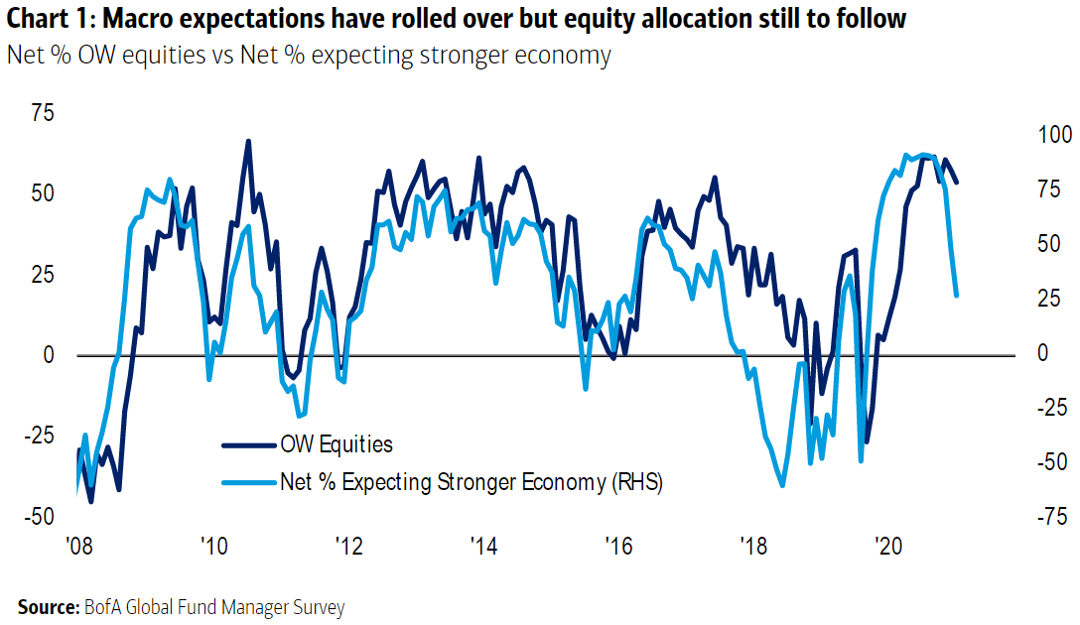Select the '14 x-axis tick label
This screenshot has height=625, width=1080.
(482, 545)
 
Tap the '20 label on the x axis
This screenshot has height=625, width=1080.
(885, 545)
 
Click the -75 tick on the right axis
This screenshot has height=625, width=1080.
(1044, 517)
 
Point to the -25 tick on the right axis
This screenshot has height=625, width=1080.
(1044, 408)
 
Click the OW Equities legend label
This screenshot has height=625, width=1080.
(337, 444)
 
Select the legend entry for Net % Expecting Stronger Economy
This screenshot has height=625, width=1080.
(472, 482)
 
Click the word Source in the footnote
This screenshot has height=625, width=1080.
(44, 606)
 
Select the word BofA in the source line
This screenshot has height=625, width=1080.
(100, 606)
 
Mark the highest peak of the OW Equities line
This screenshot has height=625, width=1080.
(248, 141)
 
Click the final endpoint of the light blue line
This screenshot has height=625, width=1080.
(957, 296)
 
